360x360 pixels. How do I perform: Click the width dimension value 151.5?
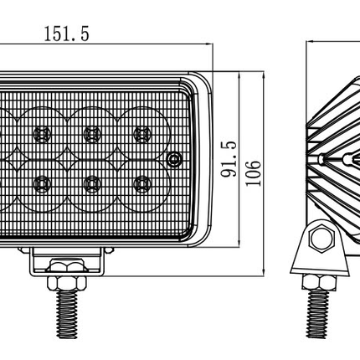click(64, 34)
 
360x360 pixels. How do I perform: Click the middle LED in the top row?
click(90, 131)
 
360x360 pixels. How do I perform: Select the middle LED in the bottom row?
click(90, 182)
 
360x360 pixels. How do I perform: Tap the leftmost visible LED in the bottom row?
click(40, 182)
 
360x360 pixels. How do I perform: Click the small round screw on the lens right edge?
click(173, 158)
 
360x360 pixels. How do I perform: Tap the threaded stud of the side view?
click(319, 318)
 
